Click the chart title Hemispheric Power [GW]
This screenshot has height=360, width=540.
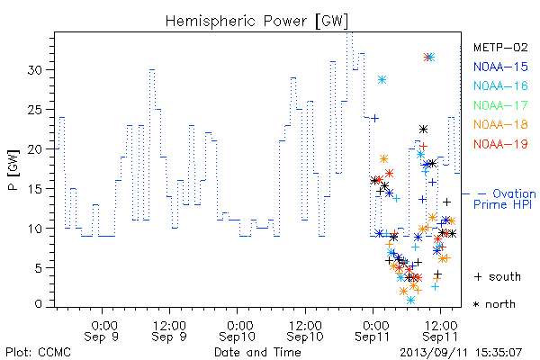[256, 22]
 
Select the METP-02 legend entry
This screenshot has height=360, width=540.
[500, 47]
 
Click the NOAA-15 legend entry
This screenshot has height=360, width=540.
[500, 67]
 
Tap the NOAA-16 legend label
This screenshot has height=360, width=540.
[500, 85]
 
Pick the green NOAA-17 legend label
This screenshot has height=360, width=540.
[500, 105]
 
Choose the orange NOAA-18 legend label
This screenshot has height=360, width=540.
[500, 124]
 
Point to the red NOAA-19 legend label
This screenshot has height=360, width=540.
[500, 144]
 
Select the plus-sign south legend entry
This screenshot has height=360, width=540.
[498, 276]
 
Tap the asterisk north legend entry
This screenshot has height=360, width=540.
[494, 304]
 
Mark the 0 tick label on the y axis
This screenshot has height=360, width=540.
[39, 304]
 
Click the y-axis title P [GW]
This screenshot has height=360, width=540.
[13, 170]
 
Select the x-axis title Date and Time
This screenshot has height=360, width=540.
[257, 353]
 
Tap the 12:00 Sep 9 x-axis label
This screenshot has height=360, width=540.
[169, 331]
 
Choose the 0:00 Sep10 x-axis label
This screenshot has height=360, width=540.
[238, 331]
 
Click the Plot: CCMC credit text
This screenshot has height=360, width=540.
[38, 353]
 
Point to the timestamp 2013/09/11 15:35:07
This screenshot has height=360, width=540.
[461, 353]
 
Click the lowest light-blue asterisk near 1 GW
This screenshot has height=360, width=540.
[410, 301]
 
